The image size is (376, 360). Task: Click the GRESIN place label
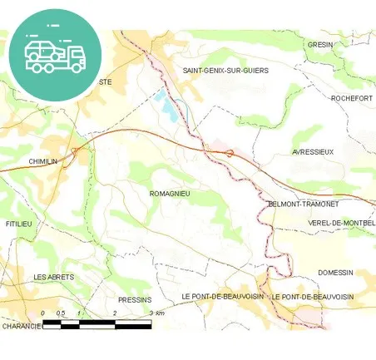coord(319,44)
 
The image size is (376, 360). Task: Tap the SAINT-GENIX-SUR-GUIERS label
coord(225,71)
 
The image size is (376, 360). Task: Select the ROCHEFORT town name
coord(351,98)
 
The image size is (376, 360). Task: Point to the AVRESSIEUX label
coord(313,152)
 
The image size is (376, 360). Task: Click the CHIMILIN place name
coord(42,161)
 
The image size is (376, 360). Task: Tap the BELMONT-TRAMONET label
coord(301,204)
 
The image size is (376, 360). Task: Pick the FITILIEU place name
coord(18,224)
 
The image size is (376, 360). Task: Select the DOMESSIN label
coord(335,273)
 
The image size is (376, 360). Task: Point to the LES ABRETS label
coord(53,277)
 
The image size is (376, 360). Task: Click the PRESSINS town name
coord(134,299)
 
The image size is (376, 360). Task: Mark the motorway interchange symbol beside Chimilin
coord(75,150)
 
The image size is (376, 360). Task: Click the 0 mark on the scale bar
coord(42,313)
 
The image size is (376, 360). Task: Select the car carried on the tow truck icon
coord(40,49)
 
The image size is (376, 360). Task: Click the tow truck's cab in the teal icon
coord(74,56)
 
